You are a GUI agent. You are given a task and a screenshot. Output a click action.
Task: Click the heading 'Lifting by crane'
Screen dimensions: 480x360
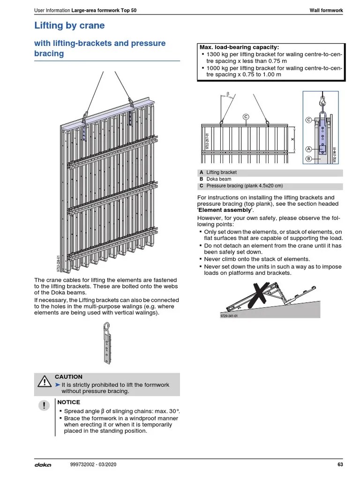pyautogui.click(x=69, y=26)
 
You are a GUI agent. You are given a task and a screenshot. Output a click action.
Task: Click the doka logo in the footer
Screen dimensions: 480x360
pyautogui.click(x=43, y=465)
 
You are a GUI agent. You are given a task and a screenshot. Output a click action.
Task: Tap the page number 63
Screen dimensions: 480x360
pyautogui.click(x=340, y=465)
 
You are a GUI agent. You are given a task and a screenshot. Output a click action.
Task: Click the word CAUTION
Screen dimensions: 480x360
pyautogui.click(x=68, y=377)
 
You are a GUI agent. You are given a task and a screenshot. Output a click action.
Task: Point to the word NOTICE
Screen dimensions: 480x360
pyautogui.click(x=68, y=402)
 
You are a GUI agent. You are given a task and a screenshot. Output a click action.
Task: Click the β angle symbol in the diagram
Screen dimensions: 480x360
pyautogui.click(x=228, y=94)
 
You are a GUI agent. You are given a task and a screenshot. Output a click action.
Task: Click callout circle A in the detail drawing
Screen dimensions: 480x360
pyautogui.click(x=308, y=149)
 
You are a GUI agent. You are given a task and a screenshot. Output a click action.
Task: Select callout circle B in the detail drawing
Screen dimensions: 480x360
pyautogui.click(x=308, y=159)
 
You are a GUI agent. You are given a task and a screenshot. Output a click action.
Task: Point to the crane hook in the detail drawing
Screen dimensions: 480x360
pyautogui.click(x=322, y=100)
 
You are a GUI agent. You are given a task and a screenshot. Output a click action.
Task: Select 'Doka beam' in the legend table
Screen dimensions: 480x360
pyautogui.click(x=218, y=179)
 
